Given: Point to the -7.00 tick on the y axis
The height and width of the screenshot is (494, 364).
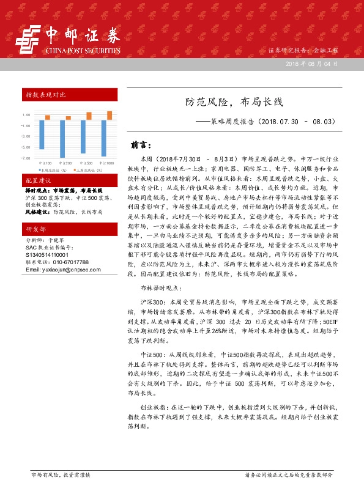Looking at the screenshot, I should click(x=26, y=158).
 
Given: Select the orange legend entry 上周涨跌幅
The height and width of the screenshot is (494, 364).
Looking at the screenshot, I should click(x=87, y=170).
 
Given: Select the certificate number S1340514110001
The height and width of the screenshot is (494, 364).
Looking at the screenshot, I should click(x=47, y=255).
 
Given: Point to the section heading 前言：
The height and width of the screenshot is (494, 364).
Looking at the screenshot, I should click(x=141, y=146).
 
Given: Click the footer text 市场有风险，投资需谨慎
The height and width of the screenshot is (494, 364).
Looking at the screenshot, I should click(x=61, y=474).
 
